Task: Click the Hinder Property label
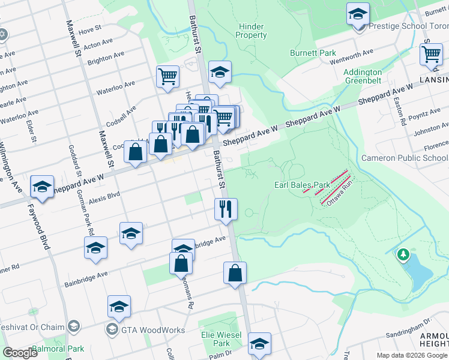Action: coord(252,31)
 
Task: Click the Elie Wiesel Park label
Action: coord(222,339)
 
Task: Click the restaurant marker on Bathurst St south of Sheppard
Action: coord(226,209)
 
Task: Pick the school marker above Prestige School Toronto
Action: coord(358,13)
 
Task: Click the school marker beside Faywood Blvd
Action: coord(42,187)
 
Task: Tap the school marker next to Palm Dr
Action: coord(259,344)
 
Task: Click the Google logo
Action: coord(20,353)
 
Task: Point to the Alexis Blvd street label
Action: coord(104,195)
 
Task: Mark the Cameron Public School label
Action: coord(404,158)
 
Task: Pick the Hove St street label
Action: coord(90,29)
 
